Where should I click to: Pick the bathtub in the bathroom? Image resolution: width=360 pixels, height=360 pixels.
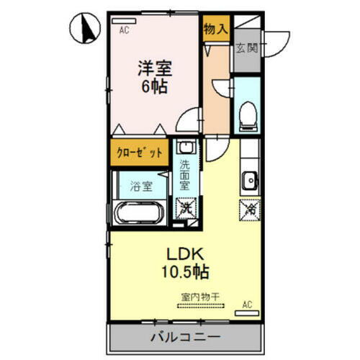click(140, 215)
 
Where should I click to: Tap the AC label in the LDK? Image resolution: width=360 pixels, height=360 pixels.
click(247, 303)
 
